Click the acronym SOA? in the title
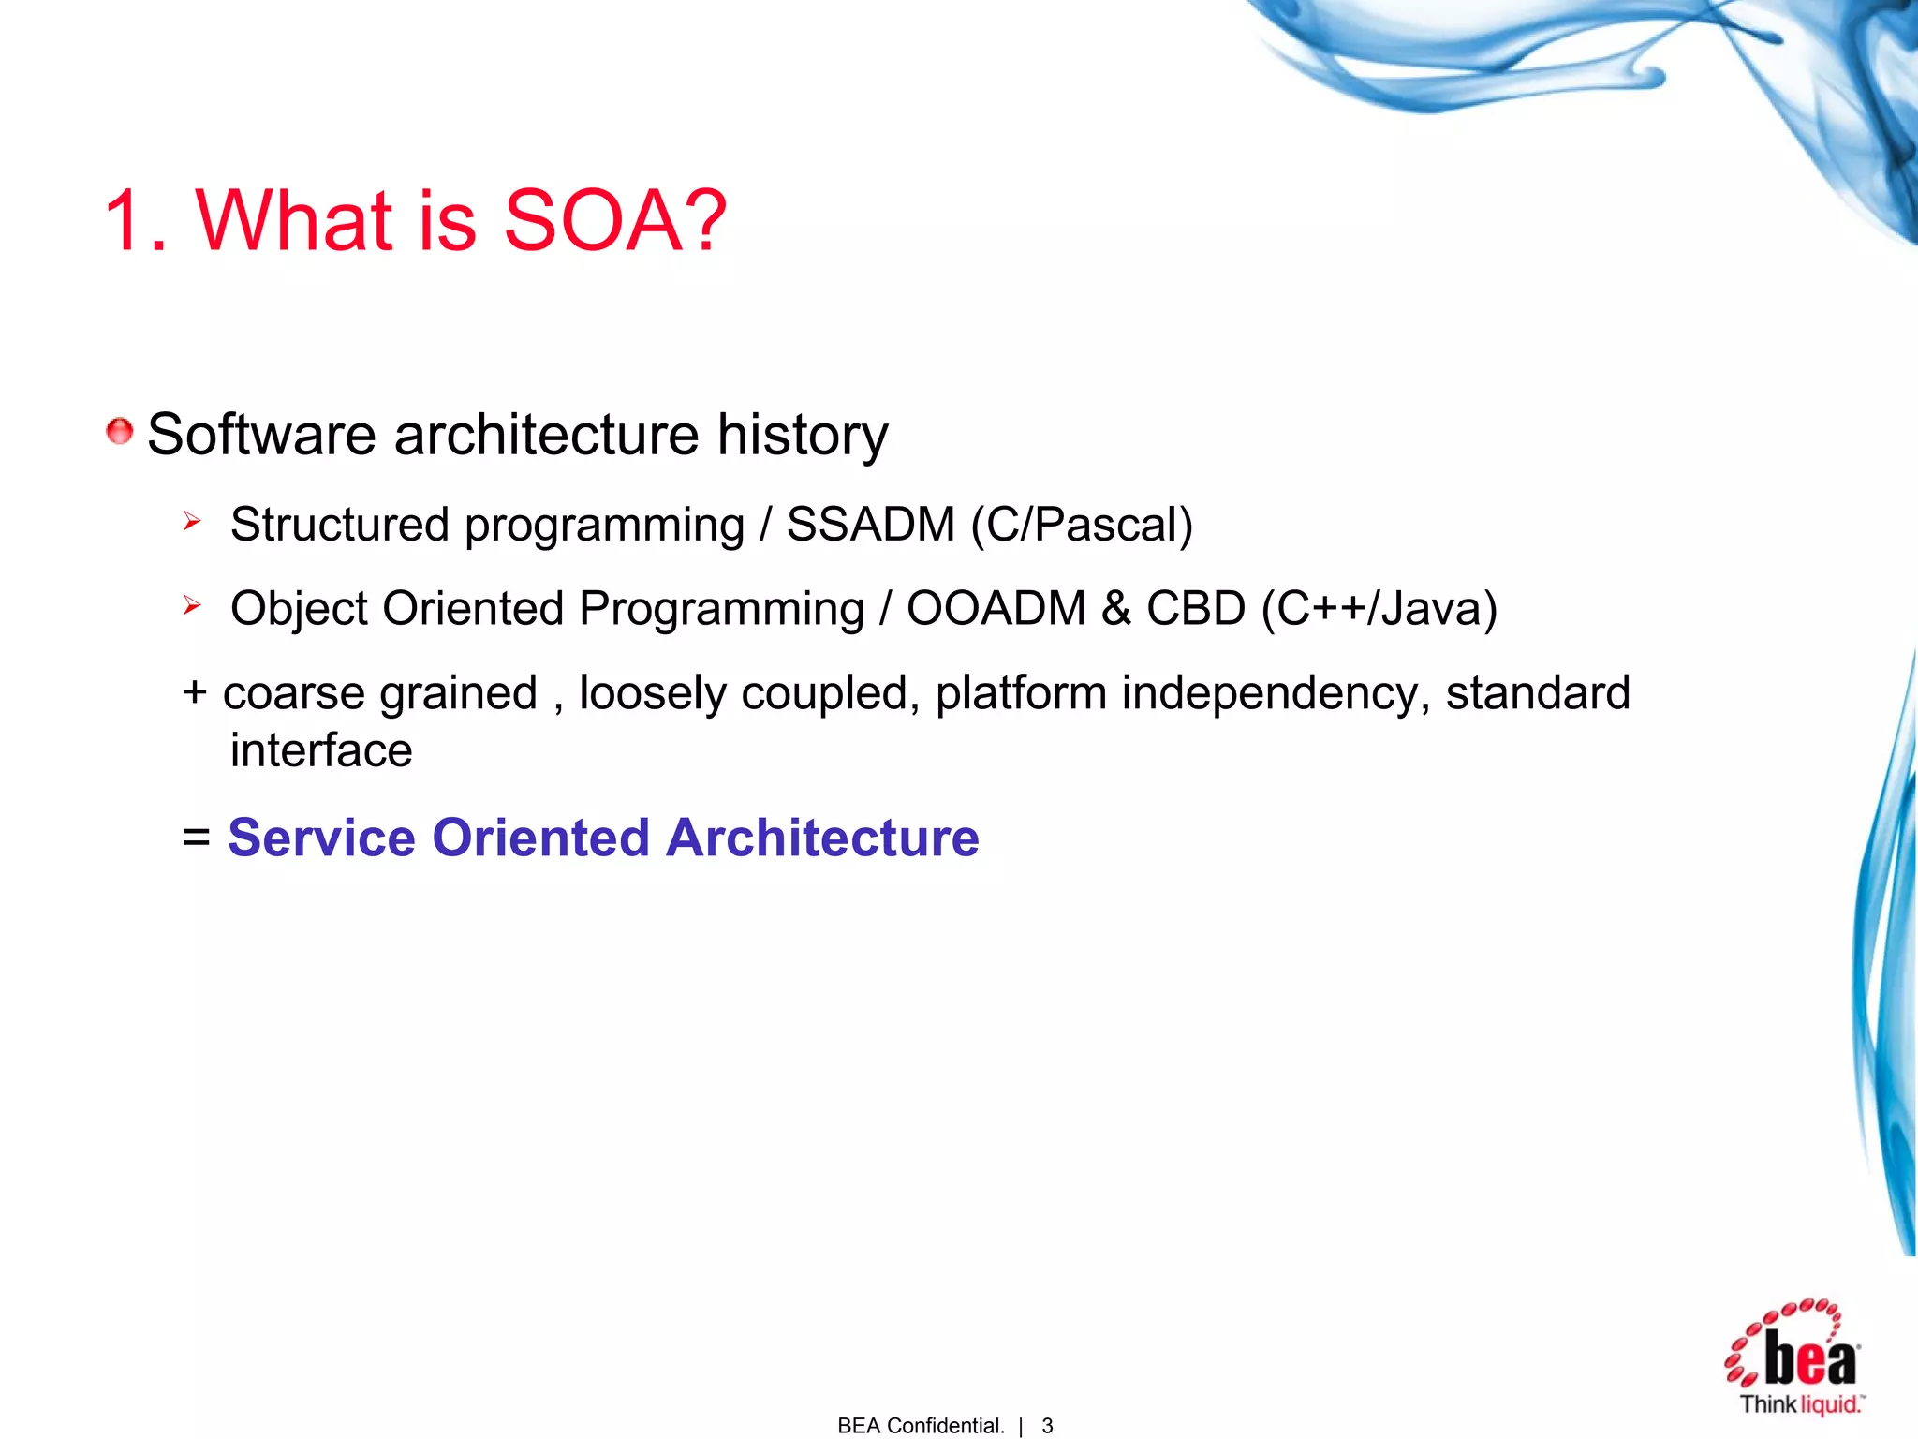tap(614, 221)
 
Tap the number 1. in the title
tap(135, 221)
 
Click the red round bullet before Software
tap(119, 432)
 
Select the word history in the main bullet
tap(803, 436)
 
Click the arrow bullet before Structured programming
tap(192, 521)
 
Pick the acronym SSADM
tap(870, 525)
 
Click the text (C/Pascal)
tap(1082, 525)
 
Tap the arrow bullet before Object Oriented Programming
tap(192, 605)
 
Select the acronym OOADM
tap(996, 609)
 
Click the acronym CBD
tap(1196, 609)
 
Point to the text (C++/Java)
tap(1379, 609)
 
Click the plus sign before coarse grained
tap(195, 693)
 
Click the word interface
tap(321, 750)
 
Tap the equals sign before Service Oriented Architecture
tap(197, 837)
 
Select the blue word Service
tap(321, 837)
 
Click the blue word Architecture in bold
tap(822, 837)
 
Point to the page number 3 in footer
tap(1047, 1426)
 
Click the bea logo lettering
tap(1809, 1359)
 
